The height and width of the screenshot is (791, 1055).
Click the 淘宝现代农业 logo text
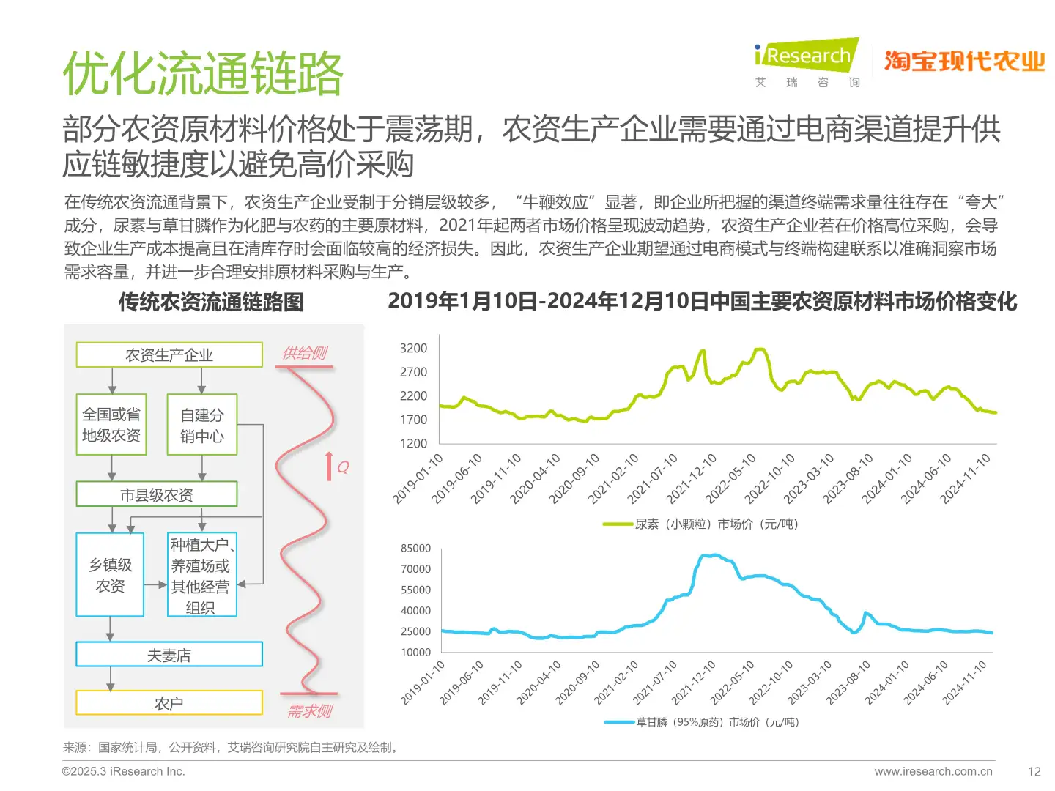(x=964, y=62)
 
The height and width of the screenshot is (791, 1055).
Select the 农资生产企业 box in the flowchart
(x=169, y=355)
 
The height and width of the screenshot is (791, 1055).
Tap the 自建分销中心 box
(x=202, y=426)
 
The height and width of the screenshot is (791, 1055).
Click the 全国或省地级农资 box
(x=111, y=425)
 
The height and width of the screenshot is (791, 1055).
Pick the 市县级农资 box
(x=157, y=495)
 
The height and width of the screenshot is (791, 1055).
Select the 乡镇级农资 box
(x=111, y=575)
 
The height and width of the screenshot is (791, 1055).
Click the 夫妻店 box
(x=169, y=655)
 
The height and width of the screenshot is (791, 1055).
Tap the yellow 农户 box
(x=169, y=703)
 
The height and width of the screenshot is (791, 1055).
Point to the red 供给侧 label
(x=305, y=353)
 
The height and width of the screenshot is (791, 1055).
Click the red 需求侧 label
(x=310, y=711)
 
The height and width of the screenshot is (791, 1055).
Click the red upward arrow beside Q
(x=330, y=467)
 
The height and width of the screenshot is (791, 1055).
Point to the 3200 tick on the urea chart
(x=413, y=349)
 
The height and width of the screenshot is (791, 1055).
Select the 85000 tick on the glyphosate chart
(x=415, y=549)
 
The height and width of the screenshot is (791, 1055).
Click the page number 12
(x=1034, y=771)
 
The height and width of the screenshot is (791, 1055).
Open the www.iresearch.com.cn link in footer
(x=933, y=771)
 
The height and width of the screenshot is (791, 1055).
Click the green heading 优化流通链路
(x=203, y=74)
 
